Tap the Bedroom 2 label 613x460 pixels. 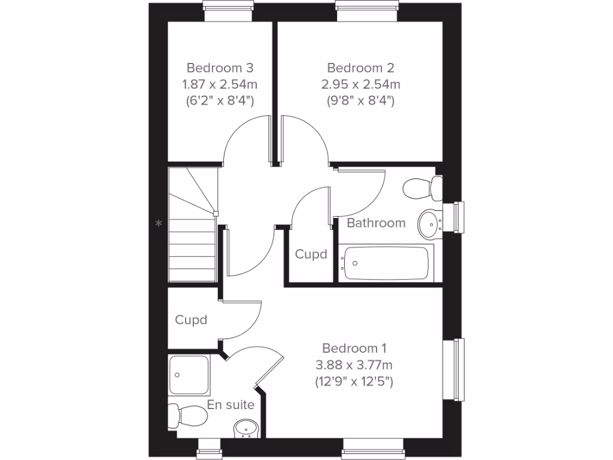tap(360, 68)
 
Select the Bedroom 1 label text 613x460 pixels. tap(354, 348)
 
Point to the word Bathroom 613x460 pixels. tap(376, 223)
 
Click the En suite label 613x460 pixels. tap(230, 405)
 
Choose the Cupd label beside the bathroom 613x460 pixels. tap(311, 254)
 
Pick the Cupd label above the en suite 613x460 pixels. tap(191, 320)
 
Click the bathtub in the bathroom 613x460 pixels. tap(386, 263)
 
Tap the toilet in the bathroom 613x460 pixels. tap(421, 189)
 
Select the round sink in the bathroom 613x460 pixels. tap(429, 223)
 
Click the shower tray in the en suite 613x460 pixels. tap(189, 374)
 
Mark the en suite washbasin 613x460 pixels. tap(246, 429)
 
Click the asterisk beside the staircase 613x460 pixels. tap(159, 224)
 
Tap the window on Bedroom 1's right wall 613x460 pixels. tap(459, 369)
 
